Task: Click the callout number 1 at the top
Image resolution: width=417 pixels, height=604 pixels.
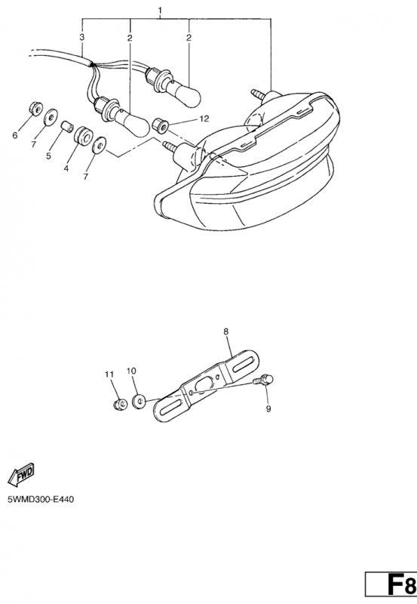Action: point(160,10)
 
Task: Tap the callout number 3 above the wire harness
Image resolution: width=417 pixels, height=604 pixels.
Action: point(82,37)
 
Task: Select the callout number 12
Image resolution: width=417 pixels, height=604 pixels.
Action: point(204,119)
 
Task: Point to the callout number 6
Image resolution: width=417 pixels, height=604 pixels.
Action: point(15,135)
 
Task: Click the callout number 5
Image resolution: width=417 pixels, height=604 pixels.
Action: point(48,156)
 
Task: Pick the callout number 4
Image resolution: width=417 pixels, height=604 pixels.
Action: point(66,168)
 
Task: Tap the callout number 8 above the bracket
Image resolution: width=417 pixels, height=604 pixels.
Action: point(225,331)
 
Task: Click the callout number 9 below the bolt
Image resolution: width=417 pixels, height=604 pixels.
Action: point(268,408)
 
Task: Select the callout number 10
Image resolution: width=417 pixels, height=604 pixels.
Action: point(131,371)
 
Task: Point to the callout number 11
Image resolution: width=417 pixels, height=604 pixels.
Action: point(109,374)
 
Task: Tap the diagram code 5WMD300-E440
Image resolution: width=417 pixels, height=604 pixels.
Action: point(41,500)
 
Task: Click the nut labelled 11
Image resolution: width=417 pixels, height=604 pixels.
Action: point(121,404)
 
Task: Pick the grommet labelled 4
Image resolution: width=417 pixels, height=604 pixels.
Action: point(82,136)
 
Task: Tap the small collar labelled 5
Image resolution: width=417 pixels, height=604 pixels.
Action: point(68,127)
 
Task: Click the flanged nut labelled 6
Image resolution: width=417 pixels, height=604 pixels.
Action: point(36,108)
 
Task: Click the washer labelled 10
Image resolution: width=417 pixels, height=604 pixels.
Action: point(139,401)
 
